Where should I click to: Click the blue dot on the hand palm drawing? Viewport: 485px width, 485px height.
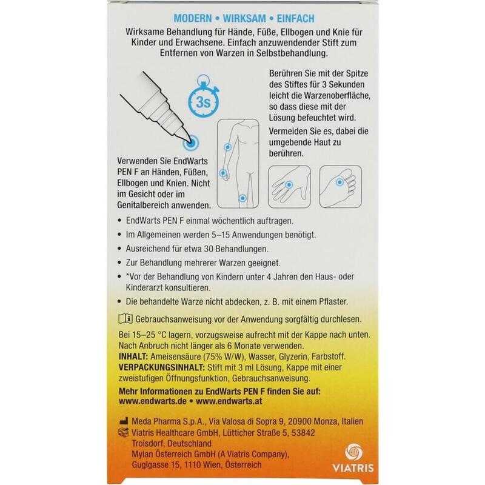click(289, 182)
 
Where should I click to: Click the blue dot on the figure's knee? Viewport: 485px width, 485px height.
click(243, 197)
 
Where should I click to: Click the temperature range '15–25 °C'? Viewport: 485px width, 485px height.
click(150, 336)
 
